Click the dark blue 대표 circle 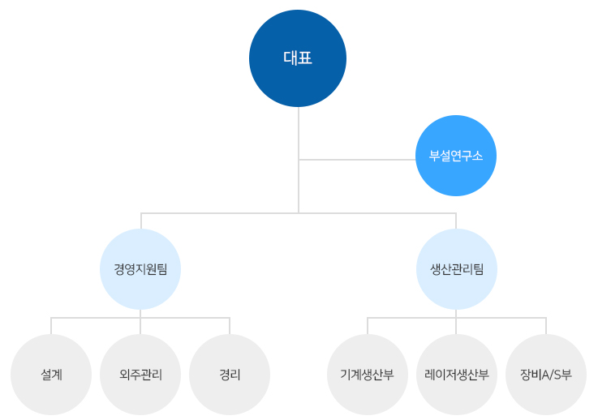298,58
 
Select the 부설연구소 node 455,156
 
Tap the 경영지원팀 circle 140,269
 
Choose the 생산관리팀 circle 456,269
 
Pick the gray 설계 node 51,375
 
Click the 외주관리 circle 140,375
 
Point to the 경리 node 230,375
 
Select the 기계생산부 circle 368,375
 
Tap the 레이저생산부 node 457,375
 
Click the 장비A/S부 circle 546,375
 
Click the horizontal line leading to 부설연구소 357,160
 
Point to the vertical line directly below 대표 299,130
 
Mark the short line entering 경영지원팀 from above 141,221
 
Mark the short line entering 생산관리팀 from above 456,221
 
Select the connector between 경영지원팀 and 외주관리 140,322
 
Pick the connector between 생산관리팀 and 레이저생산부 456,322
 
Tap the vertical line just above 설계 51,325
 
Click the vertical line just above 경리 230,325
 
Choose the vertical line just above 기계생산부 368,325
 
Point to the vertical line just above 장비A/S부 546,325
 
